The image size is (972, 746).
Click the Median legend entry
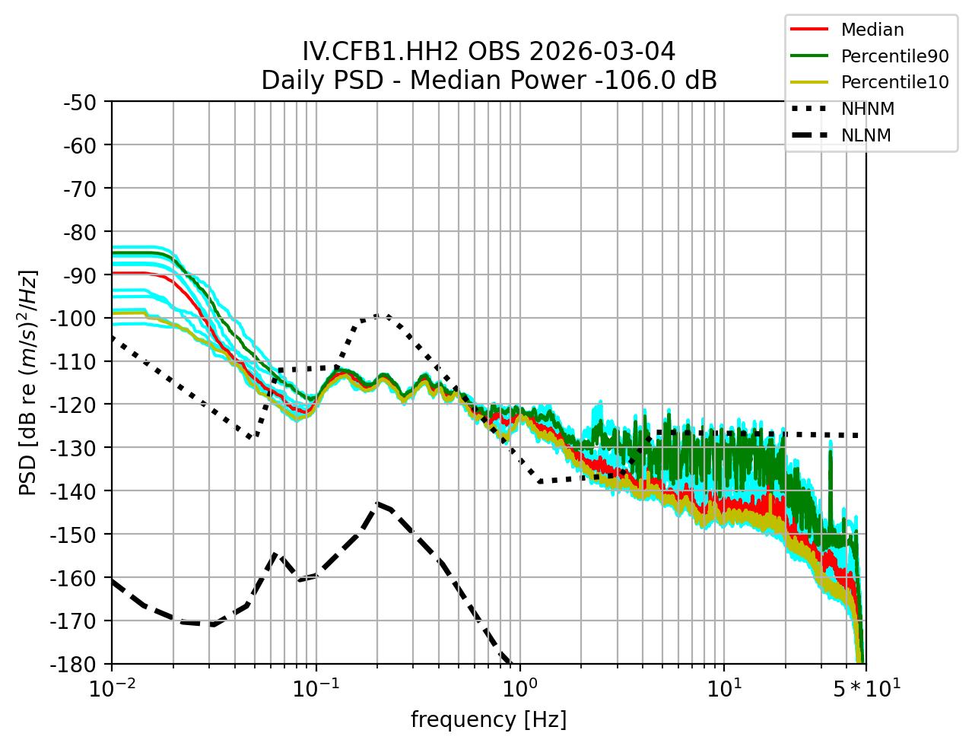tap(872, 30)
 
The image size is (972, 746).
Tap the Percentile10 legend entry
tap(894, 82)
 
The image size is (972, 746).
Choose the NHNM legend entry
tap(867, 109)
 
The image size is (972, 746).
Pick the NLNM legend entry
tap(866, 135)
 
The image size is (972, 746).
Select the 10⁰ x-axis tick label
tap(519, 688)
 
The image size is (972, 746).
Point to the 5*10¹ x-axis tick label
tap(866, 688)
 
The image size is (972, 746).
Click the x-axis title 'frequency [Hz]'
tap(488, 719)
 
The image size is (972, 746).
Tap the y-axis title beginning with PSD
tap(28, 383)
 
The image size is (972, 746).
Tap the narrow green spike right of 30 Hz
tap(830, 452)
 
